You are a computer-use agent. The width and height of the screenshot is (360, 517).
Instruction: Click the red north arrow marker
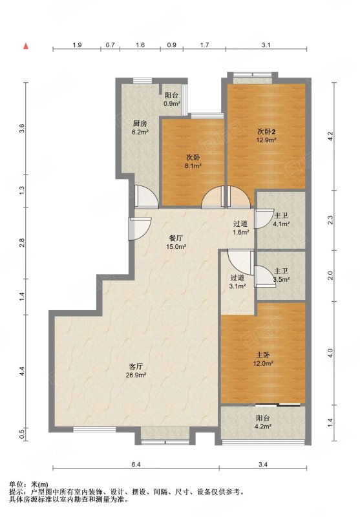pos(26,46)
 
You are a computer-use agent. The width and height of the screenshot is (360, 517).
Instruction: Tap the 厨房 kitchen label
pos(140,123)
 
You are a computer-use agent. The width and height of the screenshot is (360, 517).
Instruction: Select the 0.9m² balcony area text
pos(172,103)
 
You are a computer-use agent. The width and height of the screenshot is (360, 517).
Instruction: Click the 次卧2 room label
pos(266,132)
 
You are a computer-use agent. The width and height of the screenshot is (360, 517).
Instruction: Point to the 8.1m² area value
pos(193,166)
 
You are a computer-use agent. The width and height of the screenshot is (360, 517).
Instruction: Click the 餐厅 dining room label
pos(176,238)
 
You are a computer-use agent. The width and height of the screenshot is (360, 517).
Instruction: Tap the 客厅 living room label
pos(136,366)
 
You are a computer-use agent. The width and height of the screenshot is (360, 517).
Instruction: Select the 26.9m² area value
pos(136,375)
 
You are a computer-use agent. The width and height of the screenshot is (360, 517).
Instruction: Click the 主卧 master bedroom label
pos(263,355)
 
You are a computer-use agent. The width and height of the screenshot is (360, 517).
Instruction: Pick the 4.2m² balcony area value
pos(263,427)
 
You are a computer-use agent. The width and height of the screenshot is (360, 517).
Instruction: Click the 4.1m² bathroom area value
pos(281,224)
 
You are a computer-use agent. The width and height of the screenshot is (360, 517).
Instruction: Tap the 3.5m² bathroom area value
pos(281,280)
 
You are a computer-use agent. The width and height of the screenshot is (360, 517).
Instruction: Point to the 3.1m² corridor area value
pos(237,286)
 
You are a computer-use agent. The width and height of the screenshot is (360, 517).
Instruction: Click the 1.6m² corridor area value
pos(240,232)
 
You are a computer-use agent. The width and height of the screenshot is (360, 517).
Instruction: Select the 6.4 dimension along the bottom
pos(136,465)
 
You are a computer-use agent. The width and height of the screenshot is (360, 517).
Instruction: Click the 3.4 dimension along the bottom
pos(263,465)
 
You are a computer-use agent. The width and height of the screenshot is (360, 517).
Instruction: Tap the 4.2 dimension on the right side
pos(331,136)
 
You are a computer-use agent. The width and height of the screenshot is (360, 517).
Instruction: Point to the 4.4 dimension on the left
pos(22,372)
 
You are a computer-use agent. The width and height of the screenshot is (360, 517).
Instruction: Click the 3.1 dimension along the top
pos(266,45)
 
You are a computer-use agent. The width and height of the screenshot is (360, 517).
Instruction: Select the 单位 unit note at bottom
pos(16,485)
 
